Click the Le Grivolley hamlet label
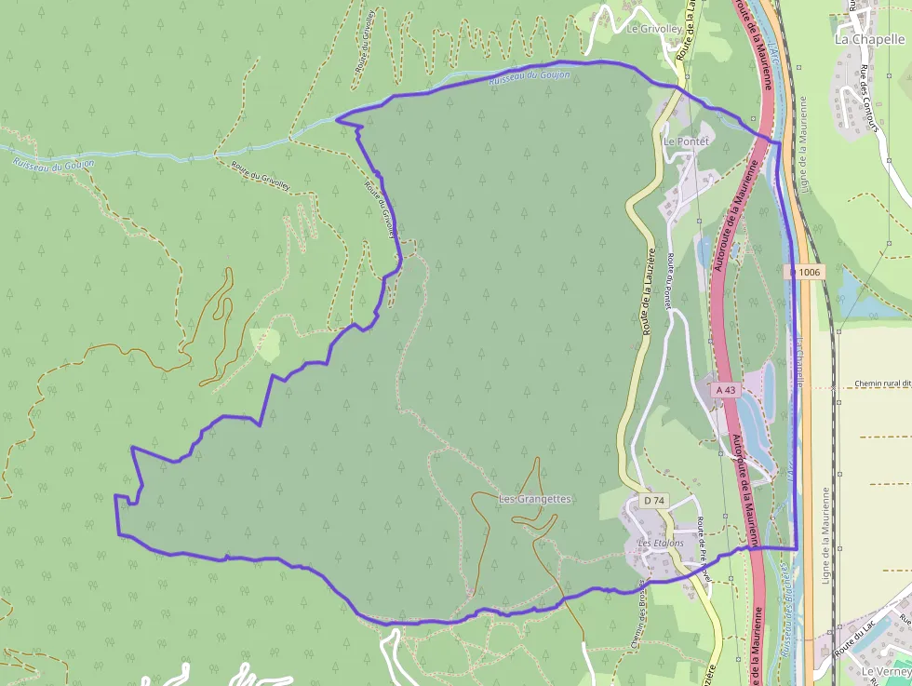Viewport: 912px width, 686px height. [x=654, y=28]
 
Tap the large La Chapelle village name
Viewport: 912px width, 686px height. [x=869, y=39]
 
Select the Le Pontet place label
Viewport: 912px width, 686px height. [x=685, y=141]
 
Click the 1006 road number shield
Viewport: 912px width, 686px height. [x=806, y=272]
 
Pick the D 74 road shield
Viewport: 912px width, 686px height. [x=654, y=500]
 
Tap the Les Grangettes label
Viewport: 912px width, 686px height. [x=535, y=499]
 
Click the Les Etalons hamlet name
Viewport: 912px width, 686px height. [x=660, y=543]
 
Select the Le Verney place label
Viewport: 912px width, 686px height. [x=885, y=671]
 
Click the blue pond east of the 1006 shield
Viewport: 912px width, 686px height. [x=860, y=296]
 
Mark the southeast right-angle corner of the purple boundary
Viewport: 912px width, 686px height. [x=797, y=547]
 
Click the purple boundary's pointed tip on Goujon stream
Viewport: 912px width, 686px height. [x=337, y=118]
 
